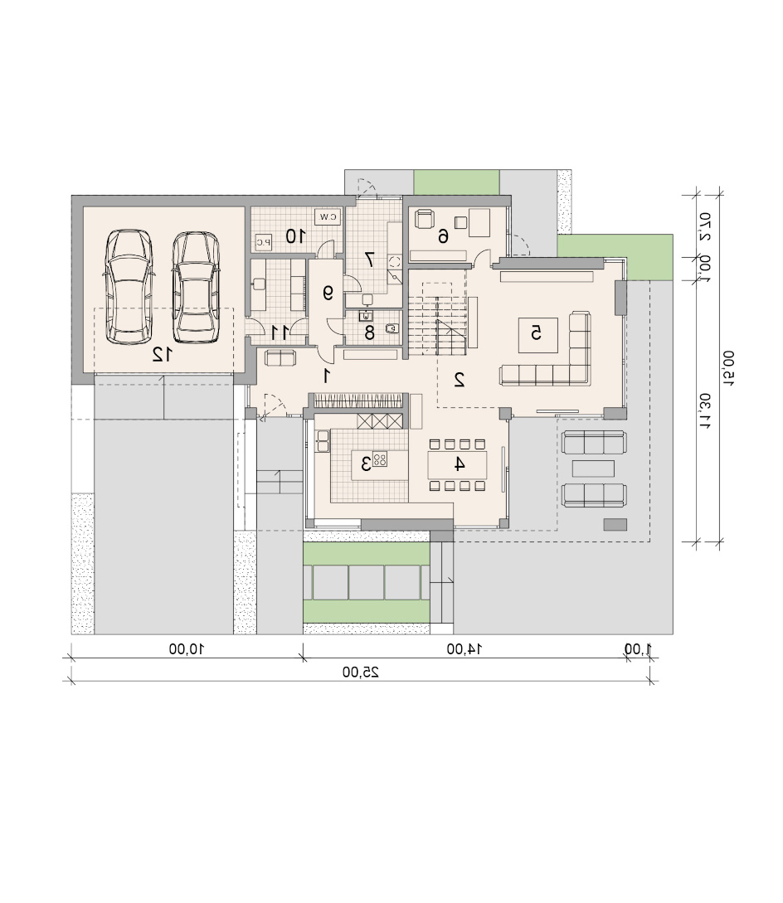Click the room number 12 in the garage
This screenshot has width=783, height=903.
pyautogui.click(x=162, y=355)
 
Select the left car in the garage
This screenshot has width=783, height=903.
pyautogui.click(x=129, y=287)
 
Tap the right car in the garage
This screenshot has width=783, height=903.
pyautogui.click(x=196, y=288)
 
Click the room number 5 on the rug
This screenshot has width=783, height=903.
pyautogui.click(x=536, y=333)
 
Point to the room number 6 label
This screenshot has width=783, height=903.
pyautogui.click(x=443, y=236)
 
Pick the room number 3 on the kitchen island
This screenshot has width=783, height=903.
pyautogui.click(x=365, y=463)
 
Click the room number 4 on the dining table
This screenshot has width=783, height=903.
pyautogui.click(x=460, y=464)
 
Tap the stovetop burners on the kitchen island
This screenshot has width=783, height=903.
pyautogui.click(x=380, y=459)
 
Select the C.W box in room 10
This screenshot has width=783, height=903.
pyautogui.click(x=328, y=217)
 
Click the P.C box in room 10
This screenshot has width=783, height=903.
pyautogui.click(x=263, y=242)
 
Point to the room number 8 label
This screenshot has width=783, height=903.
pyautogui.click(x=369, y=333)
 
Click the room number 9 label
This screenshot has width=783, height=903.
pyautogui.click(x=328, y=294)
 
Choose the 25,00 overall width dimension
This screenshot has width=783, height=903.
pyautogui.click(x=361, y=672)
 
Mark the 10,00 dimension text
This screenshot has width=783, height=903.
pyautogui.click(x=187, y=649)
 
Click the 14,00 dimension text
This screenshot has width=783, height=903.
pyautogui.click(x=464, y=649)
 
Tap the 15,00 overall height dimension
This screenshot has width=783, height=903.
pyautogui.click(x=728, y=367)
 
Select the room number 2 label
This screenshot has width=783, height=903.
pyautogui.click(x=460, y=380)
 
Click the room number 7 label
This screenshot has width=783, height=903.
pyautogui.click(x=369, y=260)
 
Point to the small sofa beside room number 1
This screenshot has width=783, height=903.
pyautogui.click(x=280, y=357)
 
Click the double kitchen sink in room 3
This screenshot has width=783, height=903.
pyautogui.click(x=323, y=440)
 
